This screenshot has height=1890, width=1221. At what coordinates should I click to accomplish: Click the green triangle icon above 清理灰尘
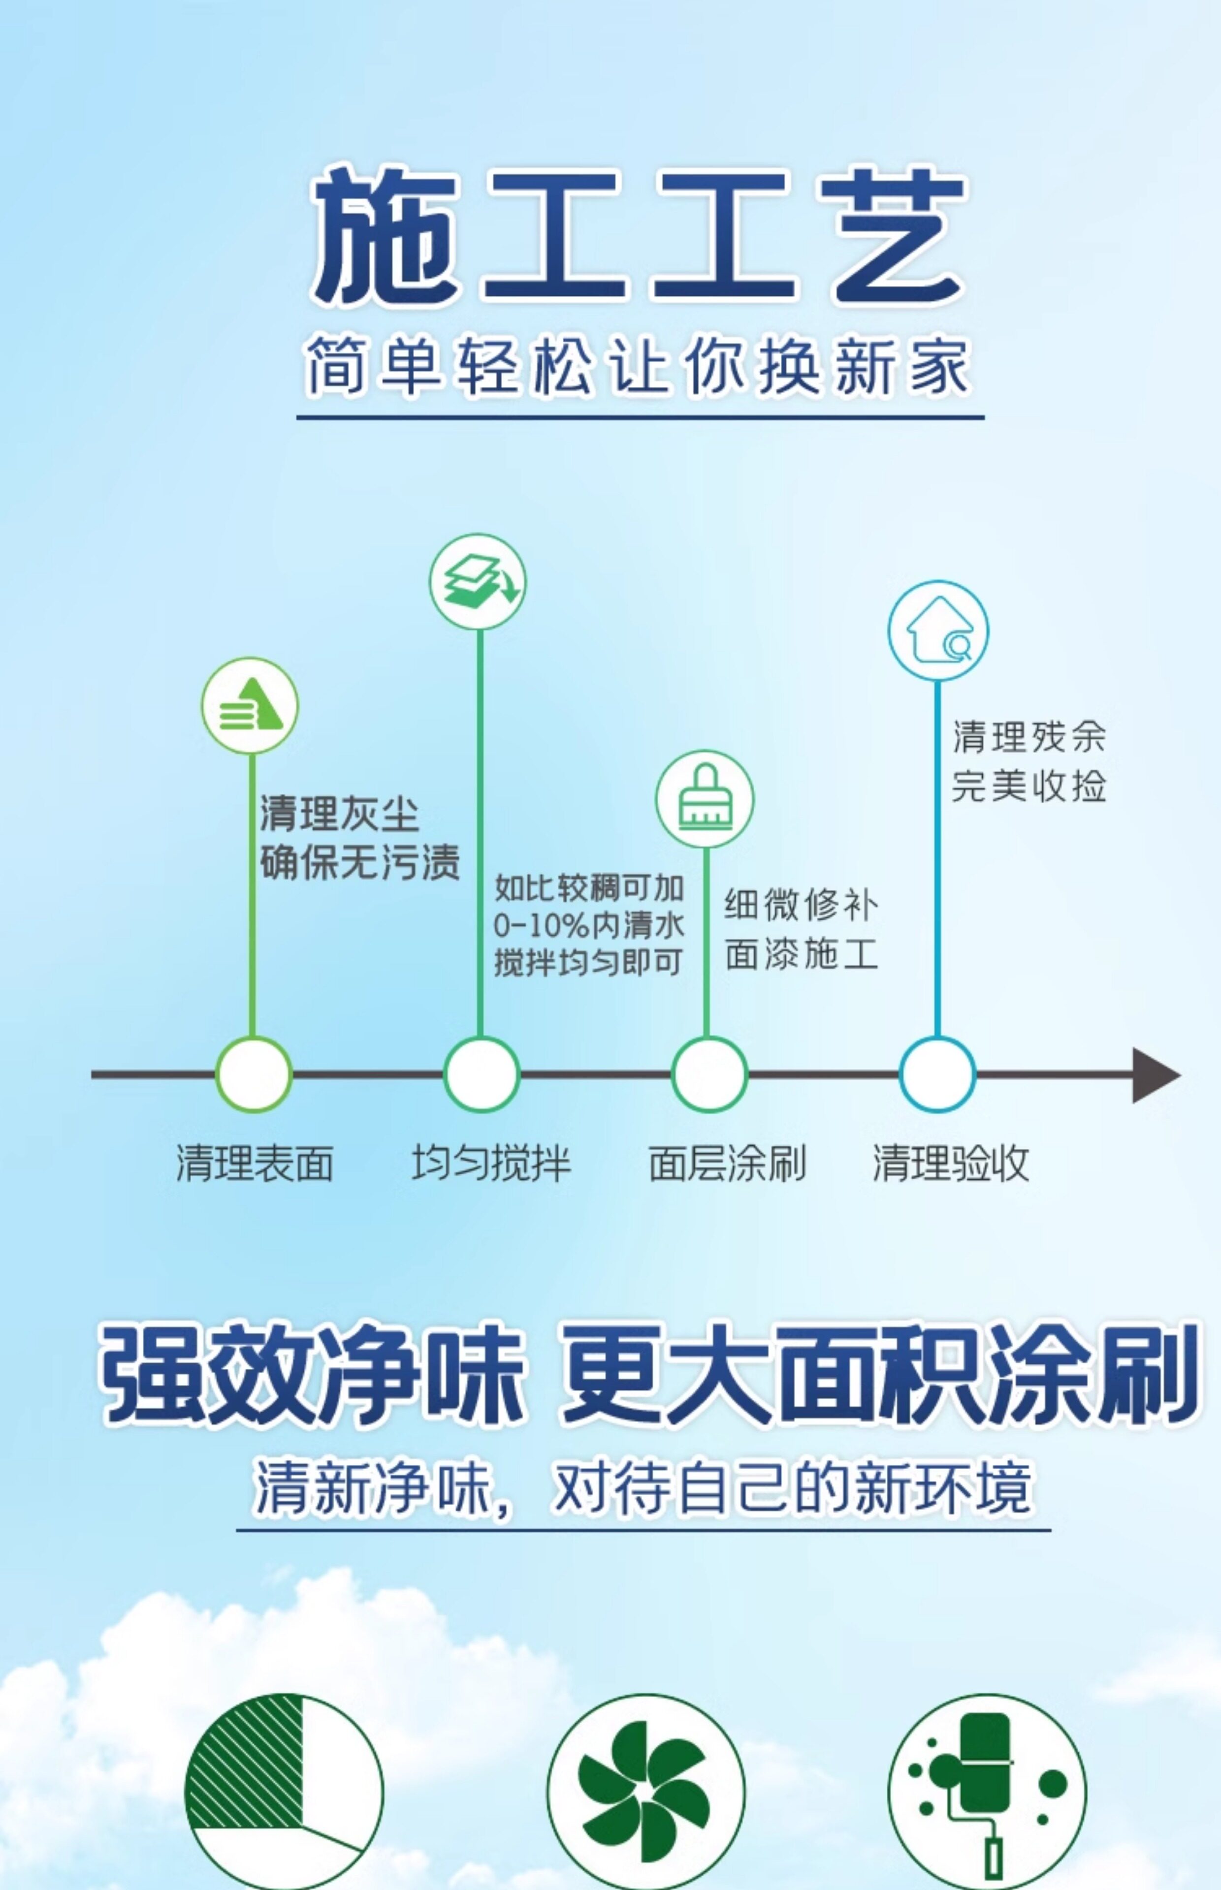click(250, 705)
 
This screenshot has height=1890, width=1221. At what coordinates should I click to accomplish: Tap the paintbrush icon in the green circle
click(704, 799)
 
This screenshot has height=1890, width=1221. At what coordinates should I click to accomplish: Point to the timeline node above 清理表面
click(254, 1074)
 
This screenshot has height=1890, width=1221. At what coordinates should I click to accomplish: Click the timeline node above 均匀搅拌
click(481, 1074)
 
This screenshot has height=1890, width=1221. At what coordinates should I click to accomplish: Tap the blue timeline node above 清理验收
click(936, 1074)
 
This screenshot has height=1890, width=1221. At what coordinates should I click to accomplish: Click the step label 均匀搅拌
click(491, 1164)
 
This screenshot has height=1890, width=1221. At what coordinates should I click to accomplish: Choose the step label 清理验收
click(951, 1164)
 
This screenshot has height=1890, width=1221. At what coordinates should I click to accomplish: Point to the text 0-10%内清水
click(588, 925)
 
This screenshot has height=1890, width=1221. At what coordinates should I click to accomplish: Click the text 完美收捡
click(1028, 786)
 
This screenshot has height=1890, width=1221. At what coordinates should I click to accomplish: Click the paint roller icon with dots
click(987, 1793)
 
